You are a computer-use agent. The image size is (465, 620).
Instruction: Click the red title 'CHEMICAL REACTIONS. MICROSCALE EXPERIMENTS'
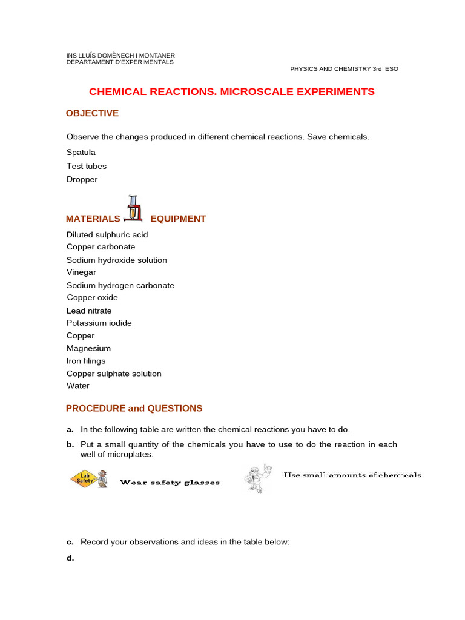(x=232, y=92)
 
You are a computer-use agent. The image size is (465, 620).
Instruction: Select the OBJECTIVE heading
(x=92, y=113)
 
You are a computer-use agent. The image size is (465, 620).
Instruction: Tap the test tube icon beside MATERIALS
(x=134, y=209)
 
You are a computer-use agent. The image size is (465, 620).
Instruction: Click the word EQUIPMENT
(x=178, y=219)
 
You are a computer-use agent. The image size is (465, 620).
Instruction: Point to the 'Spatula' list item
(x=81, y=153)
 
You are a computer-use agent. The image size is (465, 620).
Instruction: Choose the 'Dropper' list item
(x=82, y=179)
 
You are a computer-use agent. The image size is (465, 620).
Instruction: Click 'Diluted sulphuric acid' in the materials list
(x=107, y=235)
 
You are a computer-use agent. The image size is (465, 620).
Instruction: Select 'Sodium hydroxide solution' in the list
(x=117, y=260)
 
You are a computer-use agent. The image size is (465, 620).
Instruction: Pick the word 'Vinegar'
(x=81, y=272)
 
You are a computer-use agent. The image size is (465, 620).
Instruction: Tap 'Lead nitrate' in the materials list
(x=89, y=311)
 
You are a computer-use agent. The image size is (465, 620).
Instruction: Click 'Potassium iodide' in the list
(x=99, y=323)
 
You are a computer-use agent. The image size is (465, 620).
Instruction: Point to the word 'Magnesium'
(x=88, y=349)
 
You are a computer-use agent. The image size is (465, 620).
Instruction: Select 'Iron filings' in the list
(x=86, y=361)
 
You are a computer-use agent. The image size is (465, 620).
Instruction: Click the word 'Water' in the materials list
(x=78, y=386)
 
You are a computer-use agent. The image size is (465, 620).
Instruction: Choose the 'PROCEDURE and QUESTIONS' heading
(x=134, y=409)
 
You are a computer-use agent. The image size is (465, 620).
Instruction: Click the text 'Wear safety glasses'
(x=170, y=483)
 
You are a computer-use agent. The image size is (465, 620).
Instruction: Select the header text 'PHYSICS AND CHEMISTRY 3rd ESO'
(x=344, y=69)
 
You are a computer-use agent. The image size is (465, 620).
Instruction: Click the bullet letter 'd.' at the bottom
(x=70, y=558)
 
